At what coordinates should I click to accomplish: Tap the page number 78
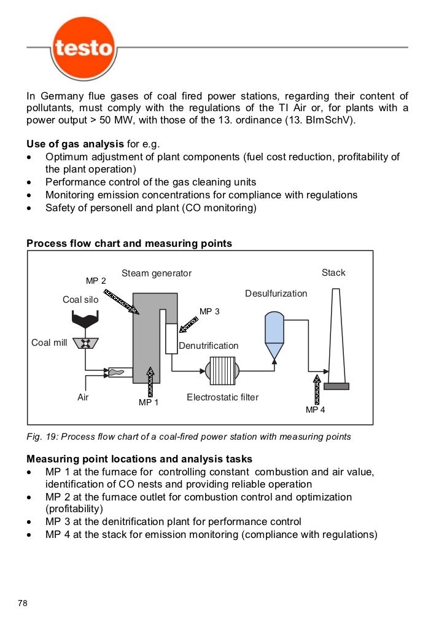click(x=23, y=603)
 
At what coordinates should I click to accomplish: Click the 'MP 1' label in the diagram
click(x=149, y=403)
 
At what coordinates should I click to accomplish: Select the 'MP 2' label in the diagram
click(x=96, y=281)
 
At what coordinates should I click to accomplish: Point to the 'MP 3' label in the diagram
click(x=209, y=311)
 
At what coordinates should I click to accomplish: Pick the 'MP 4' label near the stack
click(x=316, y=409)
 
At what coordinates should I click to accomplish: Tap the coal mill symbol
click(x=85, y=343)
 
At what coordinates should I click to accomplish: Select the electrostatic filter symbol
click(x=222, y=371)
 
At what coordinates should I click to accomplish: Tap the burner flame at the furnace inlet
click(x=120, y=372)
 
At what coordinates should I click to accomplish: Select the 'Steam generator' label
click(x=157, y=273)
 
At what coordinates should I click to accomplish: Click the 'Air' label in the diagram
click(x=83, y=397)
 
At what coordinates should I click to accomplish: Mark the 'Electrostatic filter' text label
click(x=222, y=397)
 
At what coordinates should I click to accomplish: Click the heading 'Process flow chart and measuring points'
click(x=129, y=243)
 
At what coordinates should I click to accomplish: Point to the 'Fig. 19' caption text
click(x=189, y=437)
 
